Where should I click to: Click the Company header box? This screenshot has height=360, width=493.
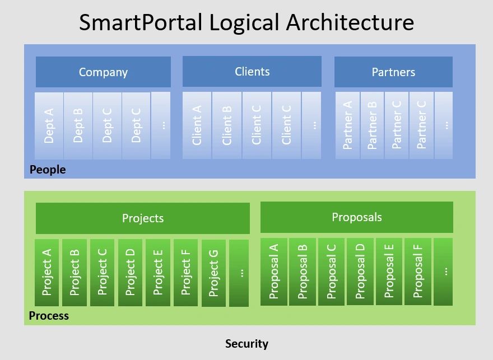(103, 72)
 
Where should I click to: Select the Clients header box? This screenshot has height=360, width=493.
(252, 71)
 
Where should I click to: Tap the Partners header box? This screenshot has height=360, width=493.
(393, 72)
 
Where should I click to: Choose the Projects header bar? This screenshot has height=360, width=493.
(143, 218)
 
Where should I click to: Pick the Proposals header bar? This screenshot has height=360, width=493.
(356, 217)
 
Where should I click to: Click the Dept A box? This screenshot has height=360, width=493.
(49, 125)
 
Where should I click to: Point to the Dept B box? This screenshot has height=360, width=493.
(78, 125)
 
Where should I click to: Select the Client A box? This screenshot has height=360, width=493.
(197, 125)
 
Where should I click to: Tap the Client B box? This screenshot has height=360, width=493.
(227, 125)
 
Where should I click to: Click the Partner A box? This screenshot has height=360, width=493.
(347, 125)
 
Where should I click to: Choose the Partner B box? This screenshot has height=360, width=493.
(372, 125)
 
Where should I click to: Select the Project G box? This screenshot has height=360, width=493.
(213, 273)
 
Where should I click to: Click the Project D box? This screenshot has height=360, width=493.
(131, 272)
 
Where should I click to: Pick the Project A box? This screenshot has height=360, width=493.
(47, 272)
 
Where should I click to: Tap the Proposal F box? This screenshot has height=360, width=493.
(418, 271)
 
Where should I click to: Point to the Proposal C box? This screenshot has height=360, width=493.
(332, 271)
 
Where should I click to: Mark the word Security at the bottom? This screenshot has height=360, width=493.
(246, 344)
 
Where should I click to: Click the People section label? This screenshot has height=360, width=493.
(48, 170)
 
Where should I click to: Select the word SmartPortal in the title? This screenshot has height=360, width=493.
(140, 22)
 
